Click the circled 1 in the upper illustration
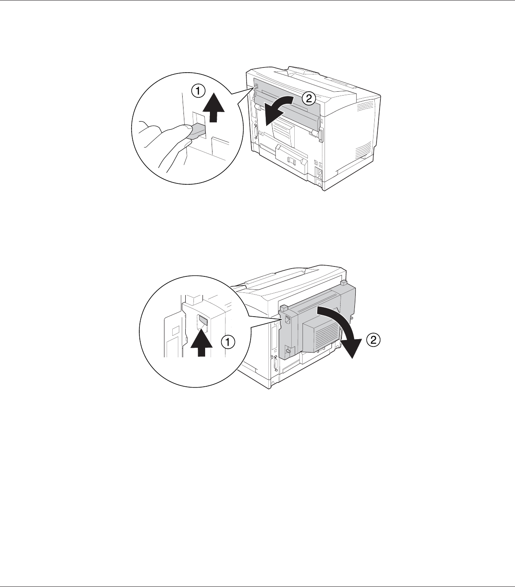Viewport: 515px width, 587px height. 198,92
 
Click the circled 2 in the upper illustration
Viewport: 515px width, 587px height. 309,99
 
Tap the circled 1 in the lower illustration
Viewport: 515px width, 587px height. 228,343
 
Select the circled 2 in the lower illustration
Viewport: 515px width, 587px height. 373,340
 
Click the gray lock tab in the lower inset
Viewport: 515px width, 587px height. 203,321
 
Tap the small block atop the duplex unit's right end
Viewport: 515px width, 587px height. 344,282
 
